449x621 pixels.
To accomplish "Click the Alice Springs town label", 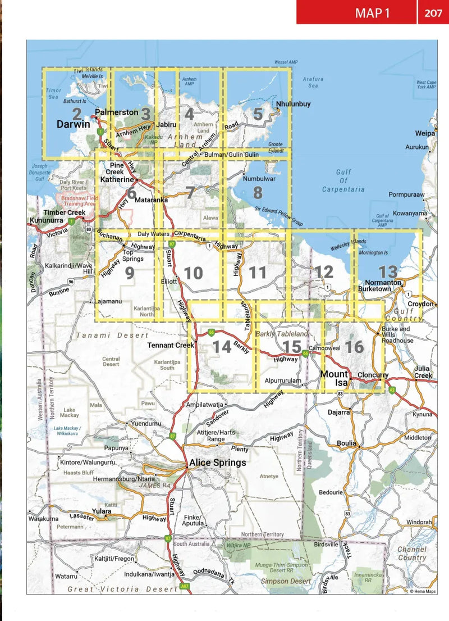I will (x=218, y=463).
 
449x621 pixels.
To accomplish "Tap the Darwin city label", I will (x=73, y=125).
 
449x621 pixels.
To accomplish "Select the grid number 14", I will (x=222, y=347).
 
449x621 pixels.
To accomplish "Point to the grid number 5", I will (x=258, y=114).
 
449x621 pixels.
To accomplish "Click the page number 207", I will (x=433, y=13).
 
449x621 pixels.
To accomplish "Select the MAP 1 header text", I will (x=372, y=13).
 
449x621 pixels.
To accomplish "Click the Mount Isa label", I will (x=335, y=378).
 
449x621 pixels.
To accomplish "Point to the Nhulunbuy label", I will (x=293, y=105).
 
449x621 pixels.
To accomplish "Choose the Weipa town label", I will (x=425, y=134).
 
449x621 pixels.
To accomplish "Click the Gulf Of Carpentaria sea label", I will (x=343, y=181).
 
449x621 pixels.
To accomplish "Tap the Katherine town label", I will (x=117, y=180).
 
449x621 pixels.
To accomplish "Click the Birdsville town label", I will (x=327, y=544).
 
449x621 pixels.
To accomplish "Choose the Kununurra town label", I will (x=47, y=221).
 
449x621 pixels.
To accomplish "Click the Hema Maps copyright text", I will (x=422, y=591).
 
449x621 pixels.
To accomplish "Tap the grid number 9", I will (x=130, y=273).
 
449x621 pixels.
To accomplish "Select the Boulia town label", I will (x=346, y=443).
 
